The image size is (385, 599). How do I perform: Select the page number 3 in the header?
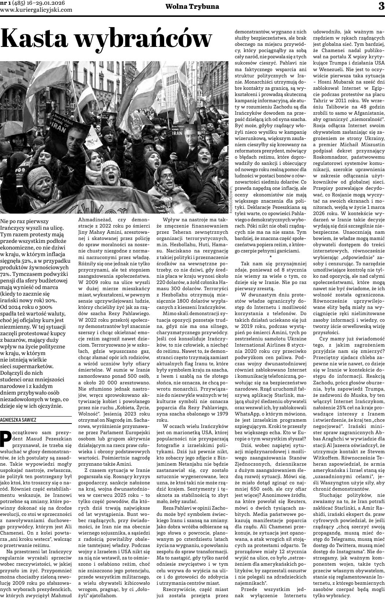point(381,6)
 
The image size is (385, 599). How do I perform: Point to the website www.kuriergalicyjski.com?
point(36,10)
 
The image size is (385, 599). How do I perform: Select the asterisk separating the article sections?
point(270,258)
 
